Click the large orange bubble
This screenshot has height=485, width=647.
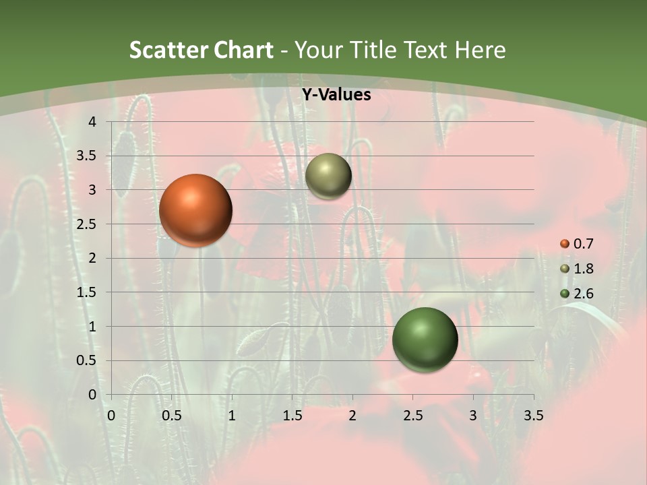pos(196,210)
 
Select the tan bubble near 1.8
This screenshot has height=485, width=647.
pos(328,176)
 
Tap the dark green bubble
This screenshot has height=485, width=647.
pos(425,339)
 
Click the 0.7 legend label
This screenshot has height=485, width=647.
pos(583,244)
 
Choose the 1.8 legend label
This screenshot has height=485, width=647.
pos(583,269)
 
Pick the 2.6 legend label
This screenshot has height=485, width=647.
pos(583,294)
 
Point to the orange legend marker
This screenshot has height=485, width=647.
pos(565,244)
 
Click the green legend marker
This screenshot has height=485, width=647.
pos(565,294)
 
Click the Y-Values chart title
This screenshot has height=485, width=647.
pos(336,95)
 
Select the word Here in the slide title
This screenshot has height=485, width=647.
pos(480,50)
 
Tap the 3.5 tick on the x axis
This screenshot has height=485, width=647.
pos(533,416)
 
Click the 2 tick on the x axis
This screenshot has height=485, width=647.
pos(352,416)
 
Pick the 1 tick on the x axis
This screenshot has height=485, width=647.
pos(232,416)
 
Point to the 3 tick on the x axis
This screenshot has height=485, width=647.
pos(473,416)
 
